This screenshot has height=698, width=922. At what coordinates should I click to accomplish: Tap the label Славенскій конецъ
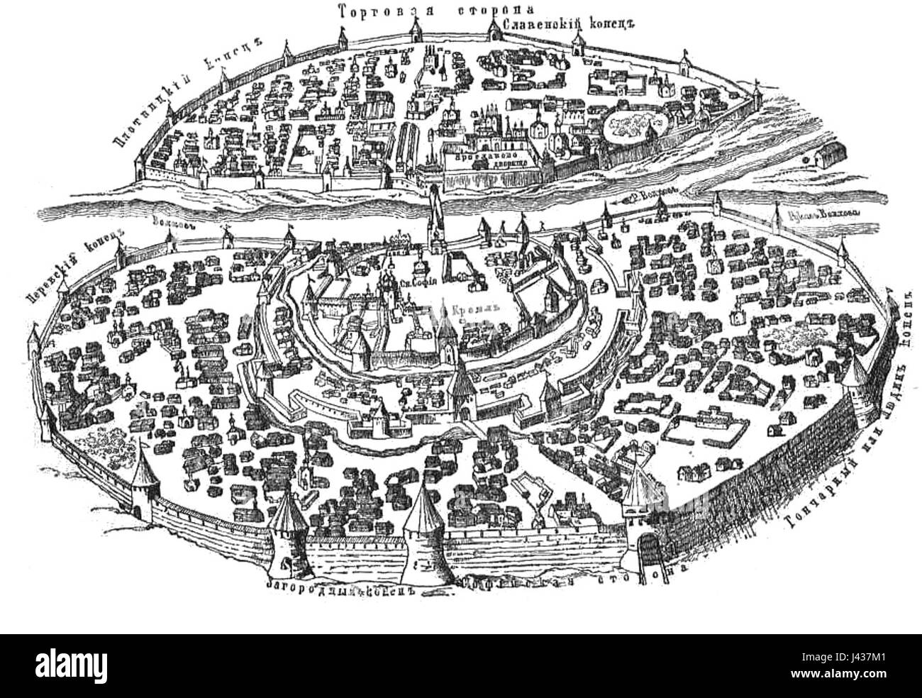[567, 23]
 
